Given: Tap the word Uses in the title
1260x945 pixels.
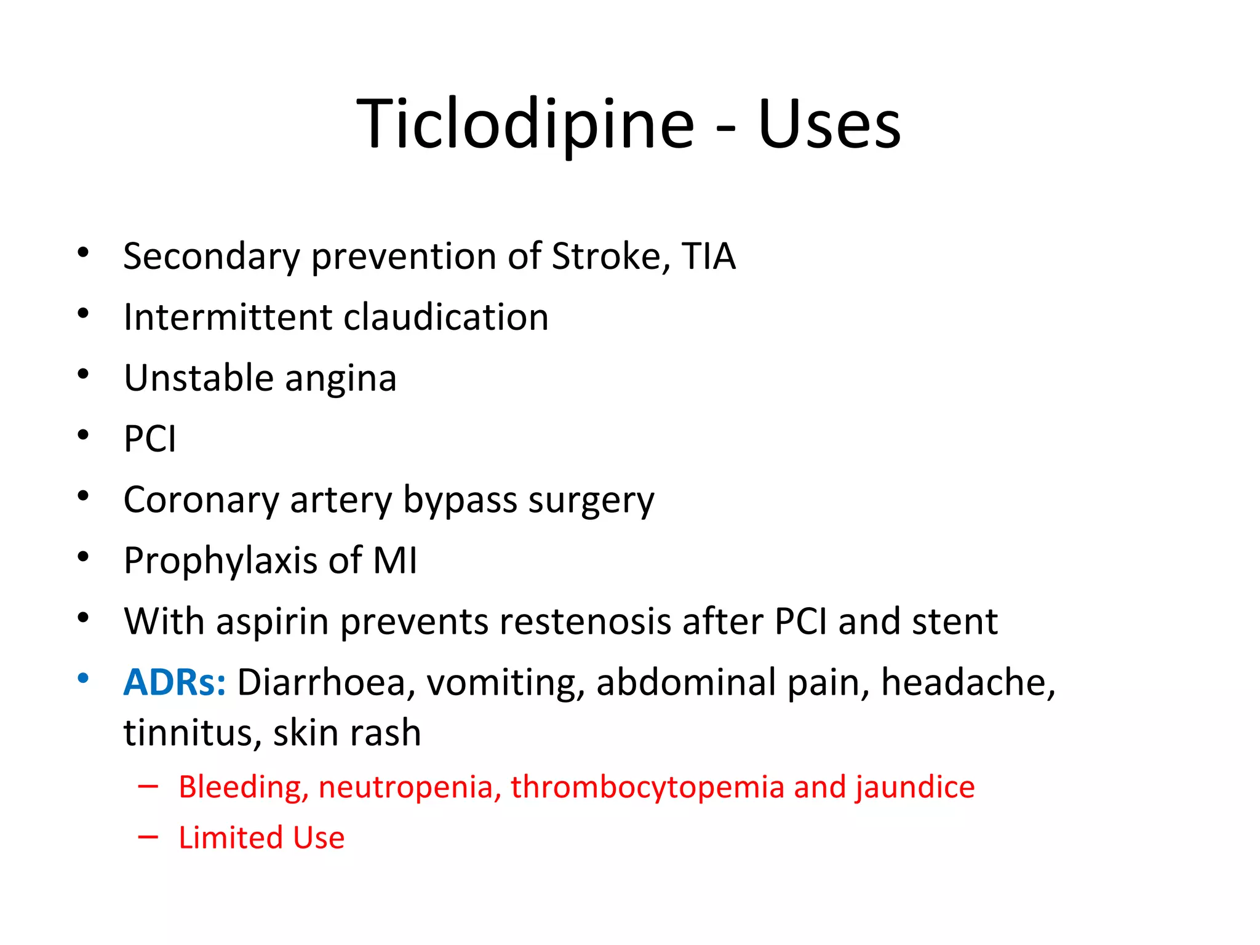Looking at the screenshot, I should click(829, 125).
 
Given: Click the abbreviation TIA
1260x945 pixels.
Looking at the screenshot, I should click(709, 256).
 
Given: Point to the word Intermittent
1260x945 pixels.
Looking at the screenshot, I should click(228, 317).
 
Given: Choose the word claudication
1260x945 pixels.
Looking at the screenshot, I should click(445, 317).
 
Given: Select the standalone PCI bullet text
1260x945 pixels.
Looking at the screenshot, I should click(150, 439).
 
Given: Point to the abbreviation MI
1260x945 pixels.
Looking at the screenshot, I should click(395, 560).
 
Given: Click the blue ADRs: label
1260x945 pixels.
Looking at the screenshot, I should click(175, 682).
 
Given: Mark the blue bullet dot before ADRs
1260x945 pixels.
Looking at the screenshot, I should click(83, 679).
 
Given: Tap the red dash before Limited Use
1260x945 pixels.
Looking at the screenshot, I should click(148, 837).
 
